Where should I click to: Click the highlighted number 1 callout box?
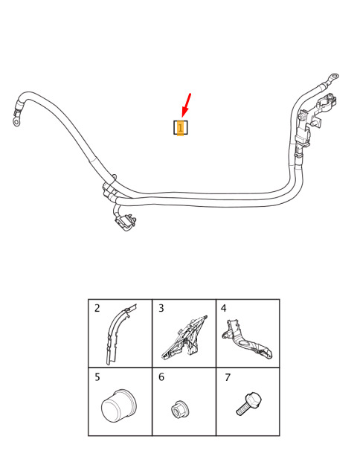click(x=180, y=127)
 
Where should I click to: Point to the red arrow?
click(x=186, y=106)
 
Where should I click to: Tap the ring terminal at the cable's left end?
click(x=16, y=121)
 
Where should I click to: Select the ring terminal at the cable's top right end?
click(x=334, y=76)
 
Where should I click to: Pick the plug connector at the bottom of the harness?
click(x=126, y=222)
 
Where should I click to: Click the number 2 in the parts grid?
click(x=97, y=309)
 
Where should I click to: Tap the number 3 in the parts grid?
click(x=161, y=309)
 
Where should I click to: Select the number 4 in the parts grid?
click(x=224, y=309)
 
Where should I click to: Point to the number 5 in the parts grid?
click(x=97, y=377)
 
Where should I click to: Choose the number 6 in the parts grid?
click(x=161, y=377)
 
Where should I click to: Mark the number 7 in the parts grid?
click(x=228, y=377)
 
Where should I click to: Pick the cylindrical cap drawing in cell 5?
click(x=118, y=405)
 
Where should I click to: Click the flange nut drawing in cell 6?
click(x=180, y=409)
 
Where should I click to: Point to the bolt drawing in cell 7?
click(x=249, y=403)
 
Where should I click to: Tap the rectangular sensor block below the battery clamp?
click(x=303, y=137)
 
